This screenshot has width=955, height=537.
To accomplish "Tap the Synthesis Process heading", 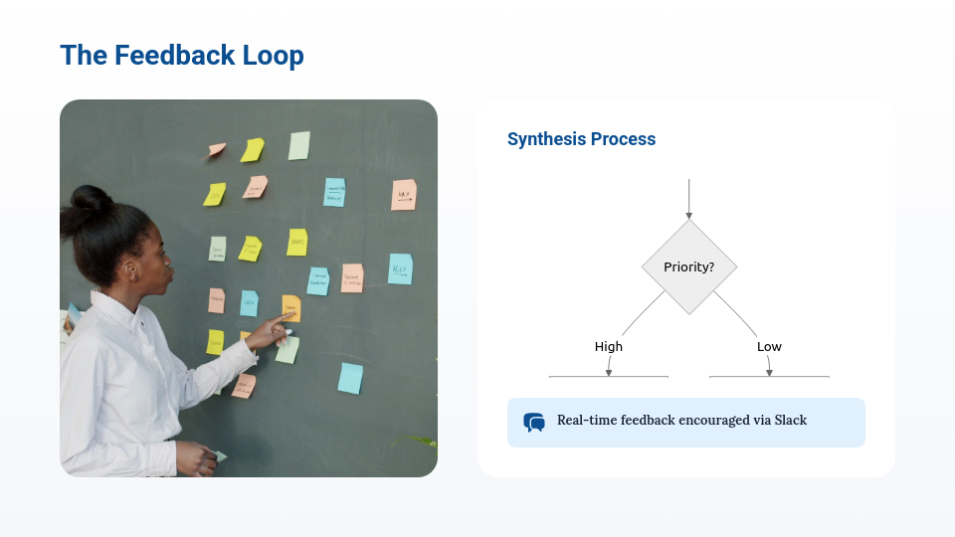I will click(581, 139).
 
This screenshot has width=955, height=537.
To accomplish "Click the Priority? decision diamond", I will click(688, 267).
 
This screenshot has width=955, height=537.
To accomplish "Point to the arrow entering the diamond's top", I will click(688, 199).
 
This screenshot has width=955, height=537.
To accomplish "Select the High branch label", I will click(609, 346).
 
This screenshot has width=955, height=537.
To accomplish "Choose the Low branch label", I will click(769, 346).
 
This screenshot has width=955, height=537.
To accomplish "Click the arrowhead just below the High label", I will click(609, 371).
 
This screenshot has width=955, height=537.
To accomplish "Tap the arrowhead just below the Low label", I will click(769, 371).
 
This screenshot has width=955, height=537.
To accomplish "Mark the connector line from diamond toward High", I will click(642, 312).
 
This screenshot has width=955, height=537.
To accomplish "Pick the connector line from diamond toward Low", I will click(735, 312).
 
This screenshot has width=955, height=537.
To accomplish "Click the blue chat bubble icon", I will click(534, 423).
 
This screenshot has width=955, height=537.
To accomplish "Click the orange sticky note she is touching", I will click(290, 306).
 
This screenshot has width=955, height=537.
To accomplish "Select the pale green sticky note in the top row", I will click(299, 145).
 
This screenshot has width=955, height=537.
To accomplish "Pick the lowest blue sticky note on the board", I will click(349, 378).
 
